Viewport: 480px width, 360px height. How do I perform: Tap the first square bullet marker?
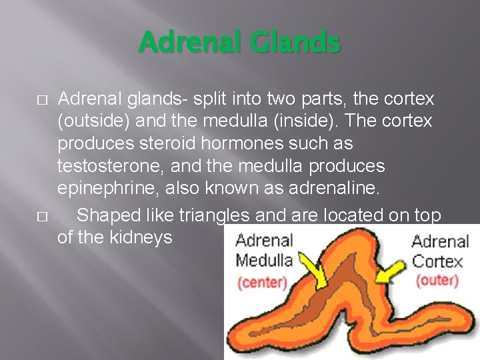tap(42, 100)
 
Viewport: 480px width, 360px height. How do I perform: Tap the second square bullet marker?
tap(42, 217)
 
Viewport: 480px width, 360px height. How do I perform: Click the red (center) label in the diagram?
tap(261, 282)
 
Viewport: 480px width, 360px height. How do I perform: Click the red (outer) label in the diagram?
tap(437, 280)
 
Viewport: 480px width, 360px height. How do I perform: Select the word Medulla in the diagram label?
tap(264, 260)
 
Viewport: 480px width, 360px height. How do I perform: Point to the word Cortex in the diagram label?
tap(437, 261)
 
